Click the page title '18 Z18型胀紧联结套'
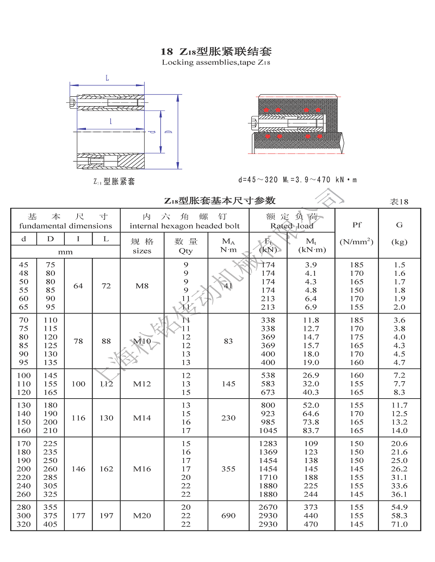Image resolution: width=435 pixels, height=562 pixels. pos(216,52)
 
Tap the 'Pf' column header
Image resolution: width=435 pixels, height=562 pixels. pos(357,225)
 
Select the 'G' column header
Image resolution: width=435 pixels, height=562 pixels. pos(400,225)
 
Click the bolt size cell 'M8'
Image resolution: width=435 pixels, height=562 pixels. pos(142,286)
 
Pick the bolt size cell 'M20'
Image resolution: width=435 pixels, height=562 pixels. pos(142,515)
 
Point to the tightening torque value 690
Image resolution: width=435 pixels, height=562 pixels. pos(228,515)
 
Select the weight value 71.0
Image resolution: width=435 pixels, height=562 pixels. pos(400,524)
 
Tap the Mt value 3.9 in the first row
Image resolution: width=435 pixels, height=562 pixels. pos(311,265)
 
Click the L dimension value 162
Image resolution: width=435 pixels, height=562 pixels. pos(106,468)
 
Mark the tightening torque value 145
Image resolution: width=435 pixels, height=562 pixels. pos(228,384)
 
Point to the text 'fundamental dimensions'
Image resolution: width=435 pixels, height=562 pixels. pos(65,226)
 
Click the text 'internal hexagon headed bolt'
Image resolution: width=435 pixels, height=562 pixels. pos(184,226)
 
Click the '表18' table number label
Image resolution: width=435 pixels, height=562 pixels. pos(399,201)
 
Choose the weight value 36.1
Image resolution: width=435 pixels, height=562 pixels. pos(400,494)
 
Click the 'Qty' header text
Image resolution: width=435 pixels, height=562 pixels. pos(185,251)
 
